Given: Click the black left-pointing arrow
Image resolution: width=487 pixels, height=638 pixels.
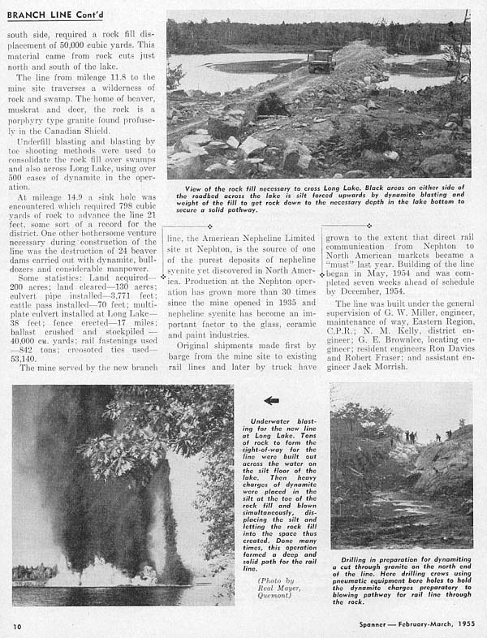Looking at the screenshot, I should coord(271,400).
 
